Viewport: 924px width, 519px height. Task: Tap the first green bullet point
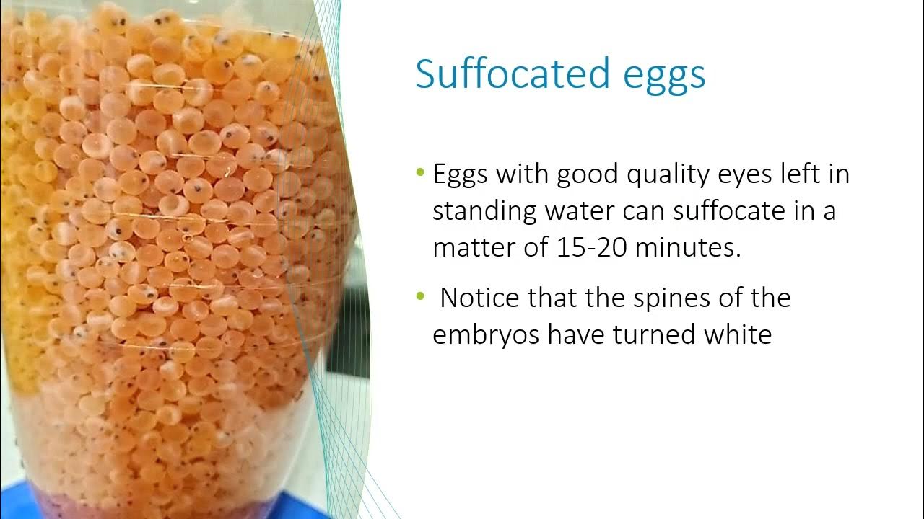(x=421, y=173)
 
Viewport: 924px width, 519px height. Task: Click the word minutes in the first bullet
(x=694, y=248)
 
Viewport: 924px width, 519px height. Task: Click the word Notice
(x=480, y=298)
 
